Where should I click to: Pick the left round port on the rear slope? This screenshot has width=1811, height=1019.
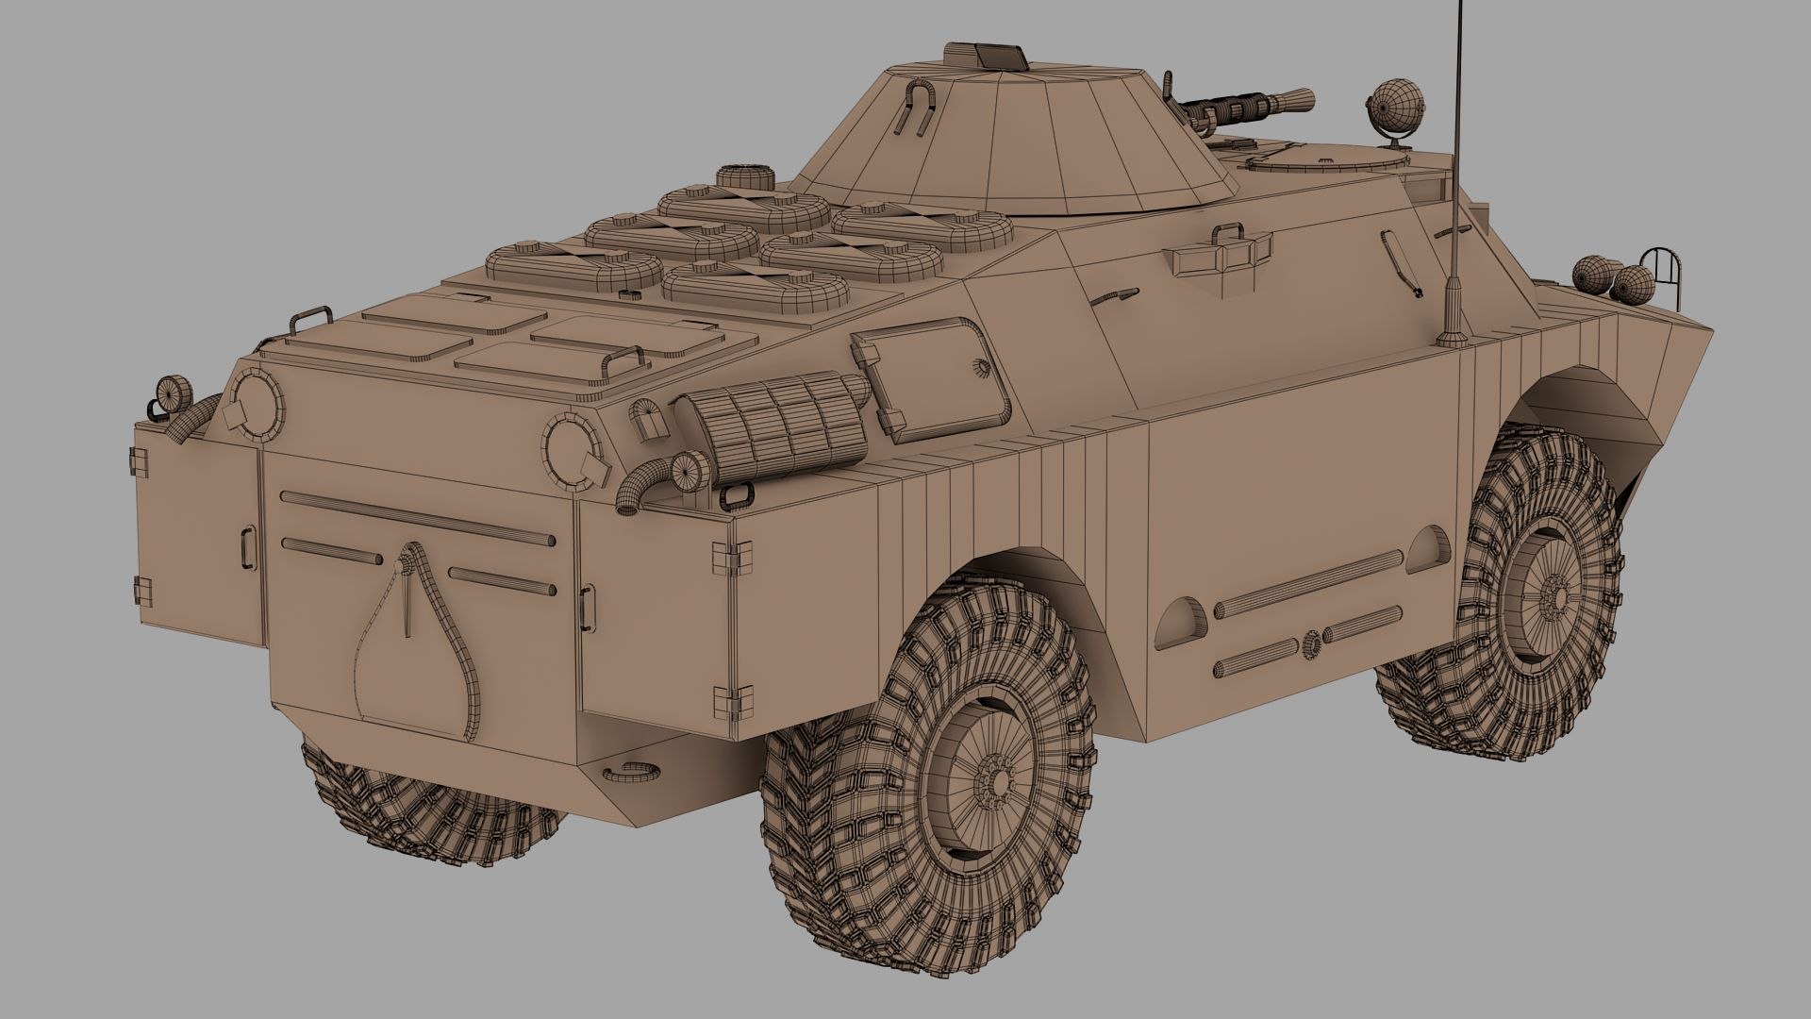coord(254,403)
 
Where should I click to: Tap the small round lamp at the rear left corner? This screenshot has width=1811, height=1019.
coord(172,392)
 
